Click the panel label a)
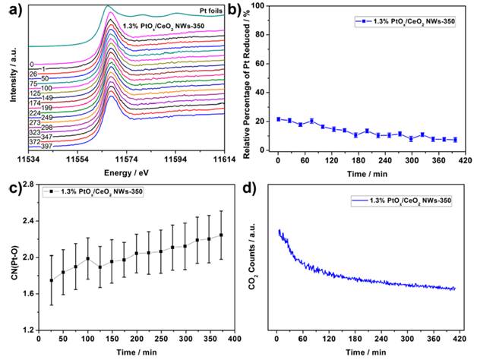point(10,11)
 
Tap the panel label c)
point(8,186)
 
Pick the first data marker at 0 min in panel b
point(279,119)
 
